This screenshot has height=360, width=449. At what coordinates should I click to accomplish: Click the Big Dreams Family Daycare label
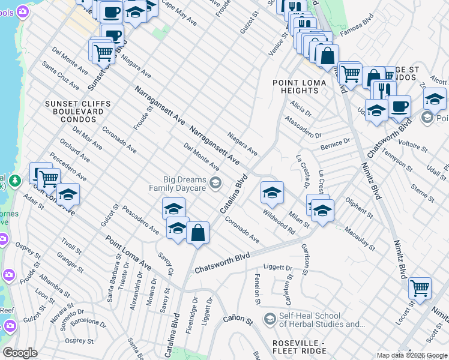[x=185, y=184]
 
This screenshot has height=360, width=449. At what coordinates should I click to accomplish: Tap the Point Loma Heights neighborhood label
[x=295, y=86]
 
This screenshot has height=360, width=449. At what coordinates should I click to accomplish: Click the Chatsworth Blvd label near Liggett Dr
[x=221, y=264]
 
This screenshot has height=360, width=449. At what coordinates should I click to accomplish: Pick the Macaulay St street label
[x=360, y=238]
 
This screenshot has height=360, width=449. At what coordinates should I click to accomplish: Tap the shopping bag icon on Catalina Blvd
[x=197, y=232]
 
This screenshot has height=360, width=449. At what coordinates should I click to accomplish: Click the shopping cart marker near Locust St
[x=420, y=287]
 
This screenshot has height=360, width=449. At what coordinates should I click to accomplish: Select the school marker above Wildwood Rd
[x=272, y=193]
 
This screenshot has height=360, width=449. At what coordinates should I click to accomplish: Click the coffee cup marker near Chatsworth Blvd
[x=399, y=107]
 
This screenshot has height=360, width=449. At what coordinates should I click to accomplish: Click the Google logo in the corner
[x=20, y=353]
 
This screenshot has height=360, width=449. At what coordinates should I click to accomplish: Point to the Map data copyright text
[x=411, y=355]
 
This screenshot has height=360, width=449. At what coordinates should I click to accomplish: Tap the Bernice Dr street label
[x=335, y=143]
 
